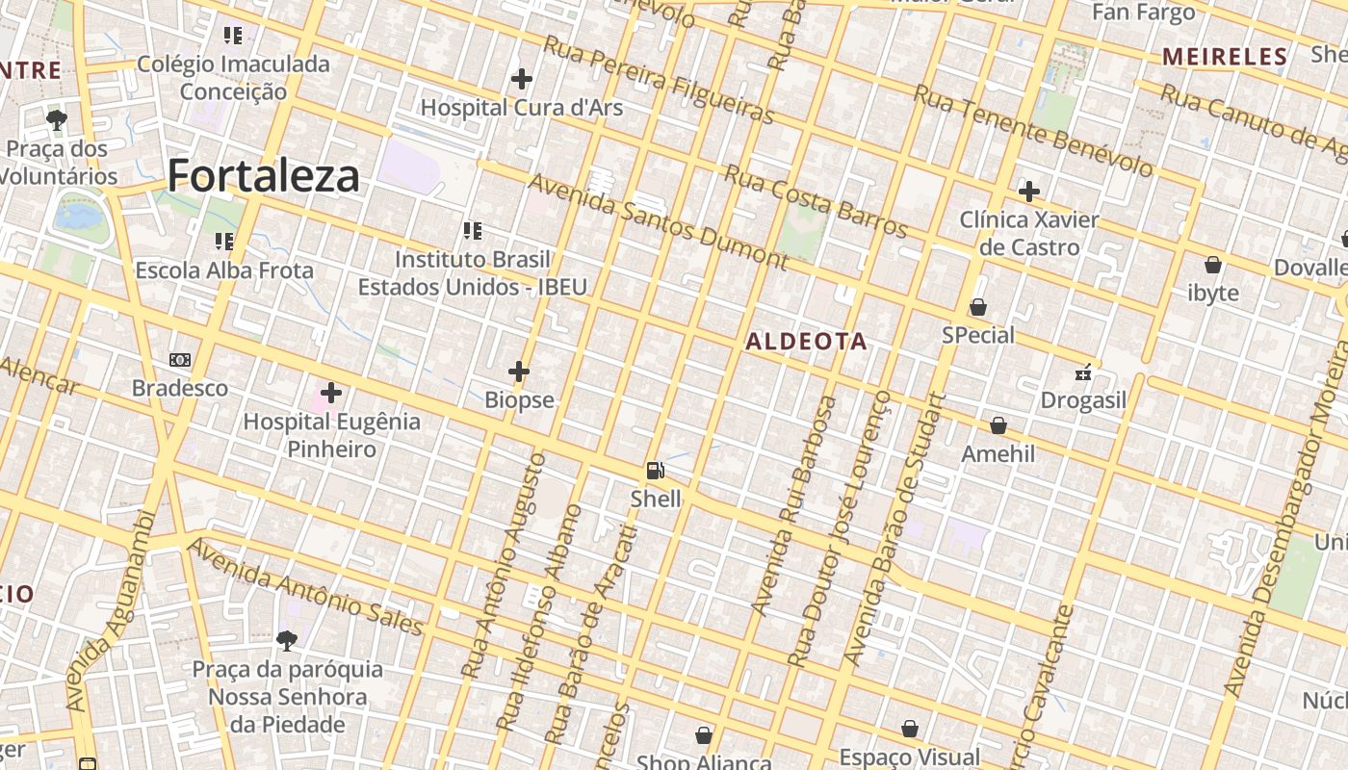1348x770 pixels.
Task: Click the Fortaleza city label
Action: (264, 176)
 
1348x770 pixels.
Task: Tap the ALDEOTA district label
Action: (806, 342)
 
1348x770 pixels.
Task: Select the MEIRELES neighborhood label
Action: (1225, 57)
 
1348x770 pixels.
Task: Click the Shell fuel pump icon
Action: (656, 471)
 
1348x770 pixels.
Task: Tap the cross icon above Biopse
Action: (519, 371)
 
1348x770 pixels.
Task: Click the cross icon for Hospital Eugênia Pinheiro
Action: (331, 393)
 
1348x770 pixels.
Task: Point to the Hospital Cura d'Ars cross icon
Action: (522, 78)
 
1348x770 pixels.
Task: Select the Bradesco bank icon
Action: (180, 360)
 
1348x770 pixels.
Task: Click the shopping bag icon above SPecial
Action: (978, 307)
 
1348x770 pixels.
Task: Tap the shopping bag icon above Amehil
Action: (998, 424)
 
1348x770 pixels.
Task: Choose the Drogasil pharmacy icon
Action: (1083, 372)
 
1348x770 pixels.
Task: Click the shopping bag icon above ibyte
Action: (1213, 264)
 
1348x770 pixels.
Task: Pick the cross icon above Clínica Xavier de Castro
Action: (1028, 191)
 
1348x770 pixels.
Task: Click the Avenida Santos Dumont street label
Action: (658, 221)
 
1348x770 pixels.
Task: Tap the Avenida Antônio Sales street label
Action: (305, 587)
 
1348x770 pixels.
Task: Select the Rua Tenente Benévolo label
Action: (1032, 130)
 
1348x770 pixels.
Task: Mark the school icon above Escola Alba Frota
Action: (224, 241)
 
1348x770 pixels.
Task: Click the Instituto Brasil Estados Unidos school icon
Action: (472, 231)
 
